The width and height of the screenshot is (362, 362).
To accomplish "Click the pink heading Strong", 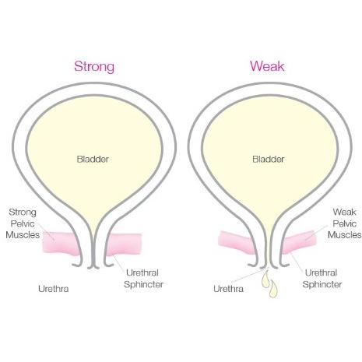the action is pyautogui.click(x=94, y=67).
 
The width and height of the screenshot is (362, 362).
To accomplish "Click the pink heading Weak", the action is pyautogui.click(x=267, y=66).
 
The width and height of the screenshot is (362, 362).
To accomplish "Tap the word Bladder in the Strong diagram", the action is pyautogui.click(x=93, y=159).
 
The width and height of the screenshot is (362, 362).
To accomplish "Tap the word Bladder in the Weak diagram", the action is pyautogui.click(x=269, y=159).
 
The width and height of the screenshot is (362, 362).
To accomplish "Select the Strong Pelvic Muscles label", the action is pyautogui.click(x=23, y=223).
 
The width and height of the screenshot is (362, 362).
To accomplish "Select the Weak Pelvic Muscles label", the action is pyautogui.click(x=344, y=223).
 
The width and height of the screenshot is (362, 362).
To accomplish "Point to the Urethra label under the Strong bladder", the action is pyautogui.click(x=54, y=289).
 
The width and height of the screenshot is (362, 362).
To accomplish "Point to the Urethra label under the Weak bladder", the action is pyautogui.click(x=228, y=289).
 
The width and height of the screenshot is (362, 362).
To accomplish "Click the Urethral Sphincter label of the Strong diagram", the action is pyautogui.click(x=143, y=279).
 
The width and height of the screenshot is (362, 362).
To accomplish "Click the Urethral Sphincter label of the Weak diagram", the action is pyautogui.click(x=322, y=279).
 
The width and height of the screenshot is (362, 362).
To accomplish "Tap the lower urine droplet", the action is pyautogui.click(x=273, y=289).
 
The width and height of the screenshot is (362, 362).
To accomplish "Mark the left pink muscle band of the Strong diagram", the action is pyautogui.click(x=60, y=243).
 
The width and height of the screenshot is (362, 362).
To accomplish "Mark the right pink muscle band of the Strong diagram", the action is pyautogui.click(x=124, y=244).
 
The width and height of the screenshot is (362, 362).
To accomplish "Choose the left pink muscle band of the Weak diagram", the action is pyautogui.click(x=236, y=243).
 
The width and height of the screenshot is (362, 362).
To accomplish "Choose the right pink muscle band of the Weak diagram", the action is pyautogui.click(x=299, y=241).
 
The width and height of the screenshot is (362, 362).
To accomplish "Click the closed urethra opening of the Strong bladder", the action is pyautogui.click(x=93, y=267).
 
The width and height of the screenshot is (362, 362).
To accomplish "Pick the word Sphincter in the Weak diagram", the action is pyautogui.click(x=322, y=284).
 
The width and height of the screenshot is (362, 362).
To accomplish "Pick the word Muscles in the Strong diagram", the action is pyautogui.click(x=23, y=235).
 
